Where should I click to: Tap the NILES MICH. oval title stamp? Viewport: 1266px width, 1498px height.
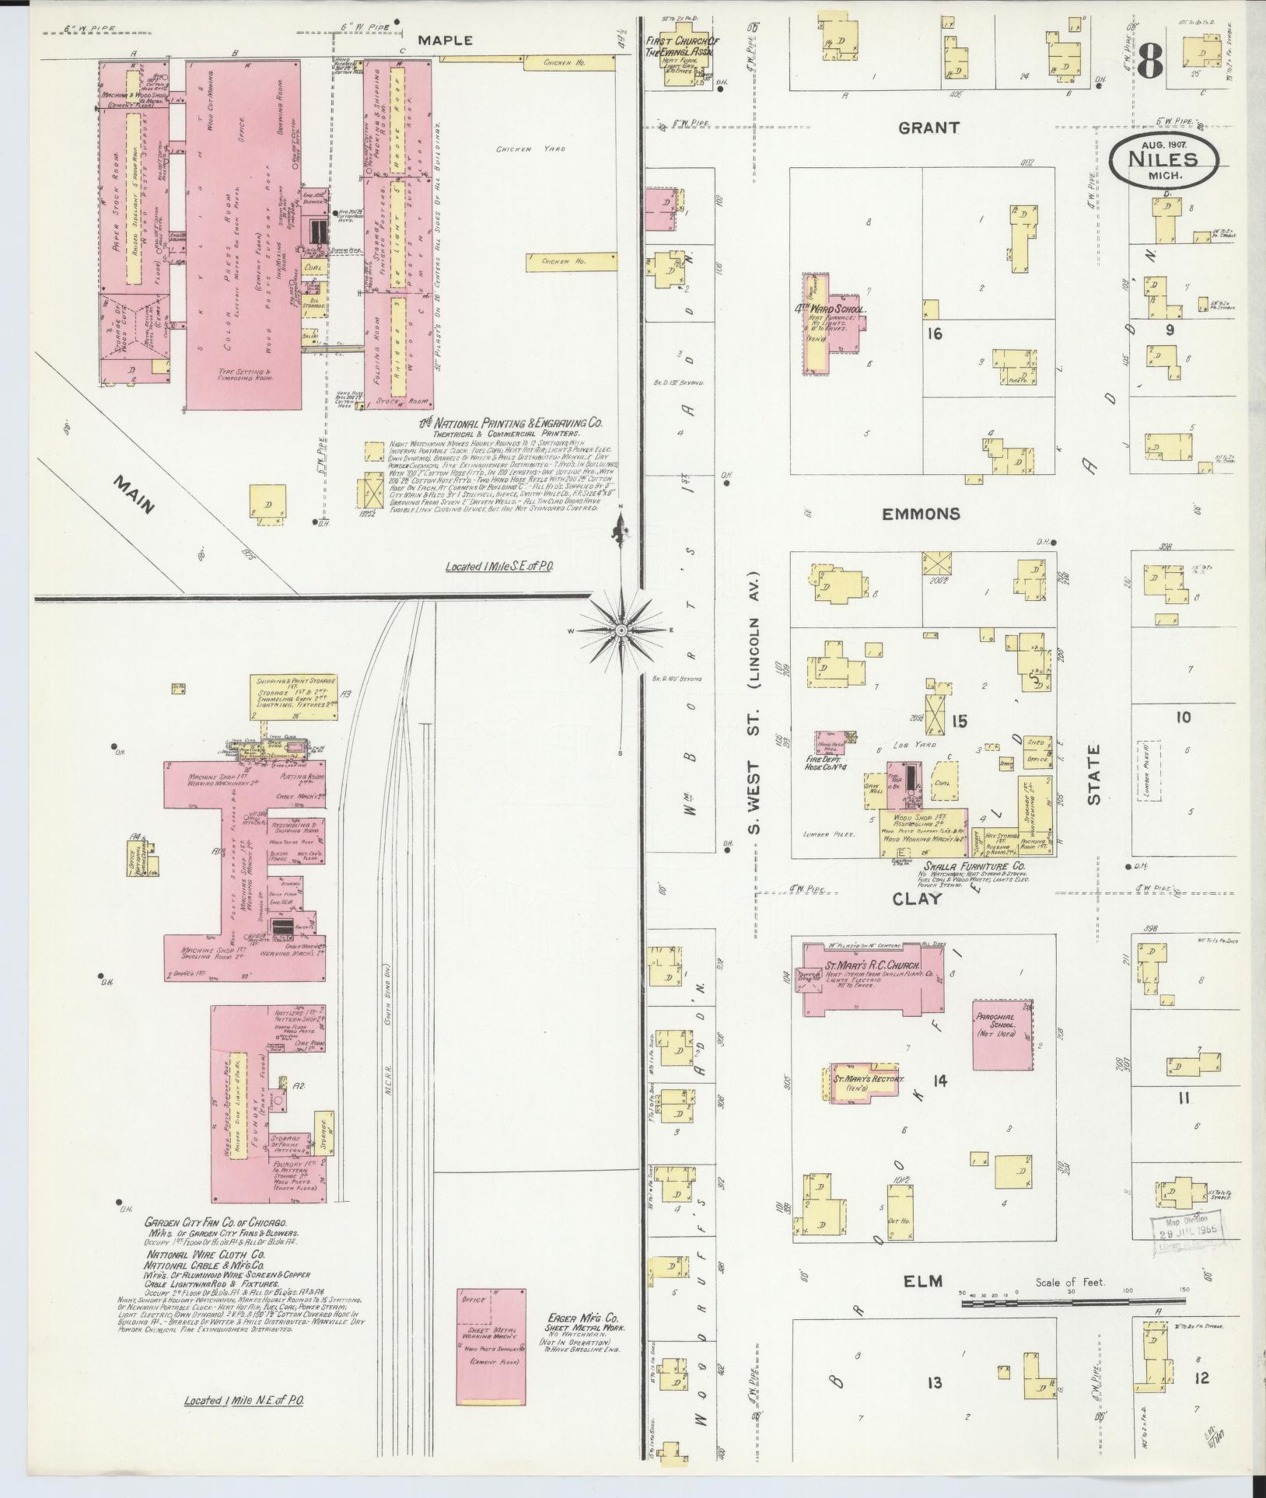pyautogui.click(x=1163, y=162)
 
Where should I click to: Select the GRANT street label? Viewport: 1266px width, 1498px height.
pyautogui.click(x=929, y=127)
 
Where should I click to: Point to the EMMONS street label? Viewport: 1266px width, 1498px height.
pyautogui.click(x=921, y=514)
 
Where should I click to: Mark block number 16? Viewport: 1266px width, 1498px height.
pyautogui.click(x=936, y=333)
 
